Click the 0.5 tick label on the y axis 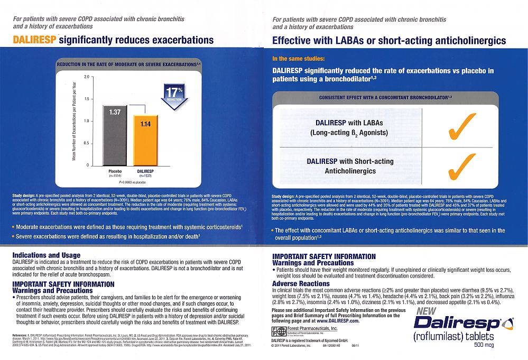pyautogui.click(x=85, y=144)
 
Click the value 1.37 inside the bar pyautogui.click(x=115, y=112)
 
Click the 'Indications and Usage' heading pyautogui.click(x=46, y=255)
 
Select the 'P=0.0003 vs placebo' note pyautogui.click(x=132, y=181)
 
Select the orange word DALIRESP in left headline pyautogui.click(x=34, y=40)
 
